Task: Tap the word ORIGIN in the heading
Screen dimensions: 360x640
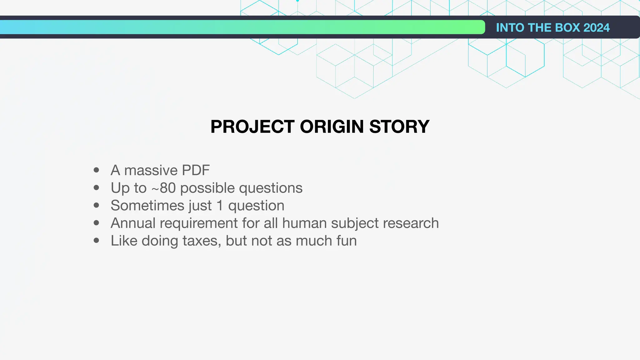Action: click(332, 127)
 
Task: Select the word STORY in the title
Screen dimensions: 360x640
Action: click(399, 127)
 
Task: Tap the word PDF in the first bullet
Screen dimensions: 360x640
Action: click(196, 170)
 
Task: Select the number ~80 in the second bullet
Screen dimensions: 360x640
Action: click(163, 188)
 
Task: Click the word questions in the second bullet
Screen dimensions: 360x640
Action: click(271, 188)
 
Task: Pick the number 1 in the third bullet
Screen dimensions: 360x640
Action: click(220, 206)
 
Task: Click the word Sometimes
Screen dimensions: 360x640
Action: click(147, 206)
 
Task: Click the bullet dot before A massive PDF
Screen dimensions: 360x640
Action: click(96, 170)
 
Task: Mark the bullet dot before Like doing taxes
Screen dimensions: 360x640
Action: click(96, 241)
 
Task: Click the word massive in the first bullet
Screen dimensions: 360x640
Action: click(151, 170)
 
